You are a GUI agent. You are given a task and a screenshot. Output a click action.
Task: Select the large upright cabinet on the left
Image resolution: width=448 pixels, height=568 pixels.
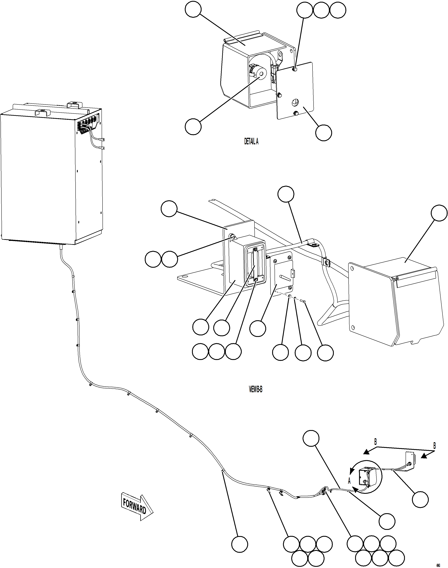(51, 176)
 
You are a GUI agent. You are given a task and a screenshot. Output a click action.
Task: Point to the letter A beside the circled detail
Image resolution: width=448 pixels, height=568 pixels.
(349, 481)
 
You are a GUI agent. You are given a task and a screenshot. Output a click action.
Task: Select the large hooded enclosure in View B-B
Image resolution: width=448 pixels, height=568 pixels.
(393, 302)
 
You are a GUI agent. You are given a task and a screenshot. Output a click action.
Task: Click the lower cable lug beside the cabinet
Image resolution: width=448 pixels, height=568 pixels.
(102, 148)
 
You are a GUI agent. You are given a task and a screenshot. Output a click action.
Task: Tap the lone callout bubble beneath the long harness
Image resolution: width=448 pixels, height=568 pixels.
(240, 545)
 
